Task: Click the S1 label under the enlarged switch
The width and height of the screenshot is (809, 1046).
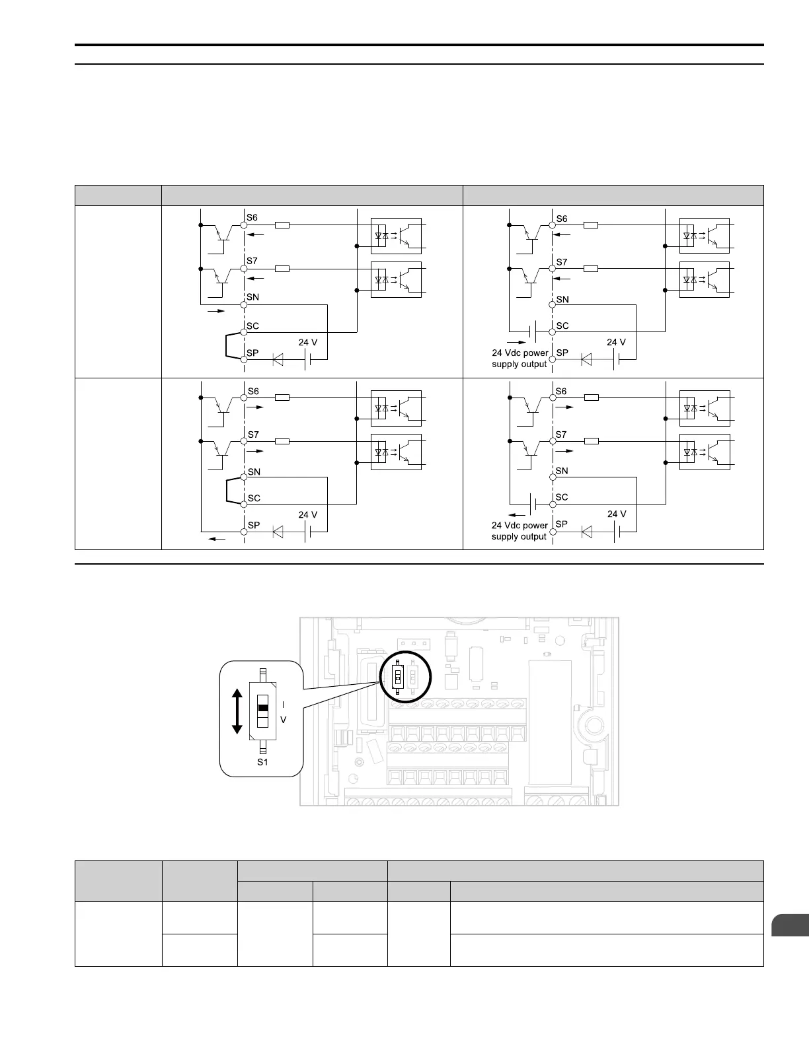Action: coord(262,761)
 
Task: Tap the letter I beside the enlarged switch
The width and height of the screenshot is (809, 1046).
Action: coord(283,705)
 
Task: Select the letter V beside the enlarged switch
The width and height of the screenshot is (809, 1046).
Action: coord(283,720)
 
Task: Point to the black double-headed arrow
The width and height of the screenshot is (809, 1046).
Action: coord(237,711)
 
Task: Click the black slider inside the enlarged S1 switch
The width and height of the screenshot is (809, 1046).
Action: coord(263,708)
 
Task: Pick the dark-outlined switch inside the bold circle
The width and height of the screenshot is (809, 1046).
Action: coord(397,677)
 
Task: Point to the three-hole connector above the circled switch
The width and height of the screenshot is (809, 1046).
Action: coord(413,643)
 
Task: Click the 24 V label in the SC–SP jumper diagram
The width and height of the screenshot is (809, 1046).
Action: coord(308,343)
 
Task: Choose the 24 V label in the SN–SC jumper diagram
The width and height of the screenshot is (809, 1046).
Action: coord(308,515)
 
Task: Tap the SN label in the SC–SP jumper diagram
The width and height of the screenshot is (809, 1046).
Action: coord(252,297)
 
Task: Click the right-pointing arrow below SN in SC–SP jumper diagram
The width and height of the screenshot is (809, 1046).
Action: coord(216,310)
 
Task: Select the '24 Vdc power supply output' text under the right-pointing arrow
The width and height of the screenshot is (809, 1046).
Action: coord(520,359)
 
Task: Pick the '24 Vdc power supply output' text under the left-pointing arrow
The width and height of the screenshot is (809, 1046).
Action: coord(520,531)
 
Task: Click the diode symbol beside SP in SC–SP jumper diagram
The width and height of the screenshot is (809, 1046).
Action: coord(278,361)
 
